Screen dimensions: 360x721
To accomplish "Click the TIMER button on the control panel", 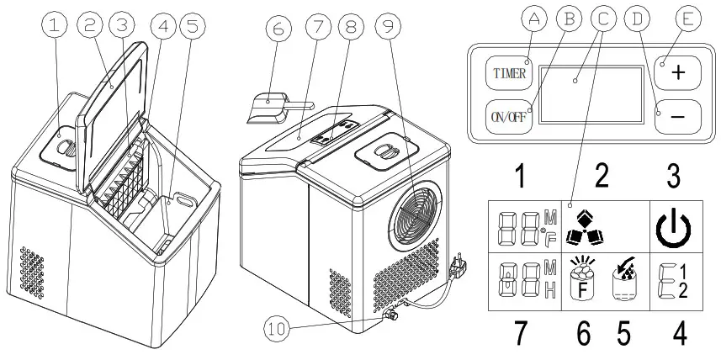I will point(511,73).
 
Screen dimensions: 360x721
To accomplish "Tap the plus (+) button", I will point(677,73).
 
